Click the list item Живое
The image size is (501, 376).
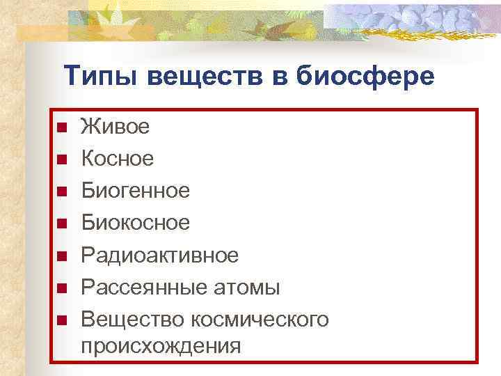tap(115, 127)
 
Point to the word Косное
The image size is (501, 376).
tap(118, 159)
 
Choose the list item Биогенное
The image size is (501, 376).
tap(136, 190)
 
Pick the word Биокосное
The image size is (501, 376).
tap(136, 223)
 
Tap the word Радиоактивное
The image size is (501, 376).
tap(160, 255)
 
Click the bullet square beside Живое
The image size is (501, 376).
tap(61, 127)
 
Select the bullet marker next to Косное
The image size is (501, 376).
tap(61, 159)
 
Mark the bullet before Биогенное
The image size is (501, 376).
tap(61, 191)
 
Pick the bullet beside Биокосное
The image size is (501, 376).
tap(61, 224)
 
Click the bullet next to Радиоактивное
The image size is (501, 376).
tap(61, 256)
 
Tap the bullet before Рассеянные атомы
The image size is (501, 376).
tap(61, 288)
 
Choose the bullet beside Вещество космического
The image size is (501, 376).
tap(61, 320)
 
